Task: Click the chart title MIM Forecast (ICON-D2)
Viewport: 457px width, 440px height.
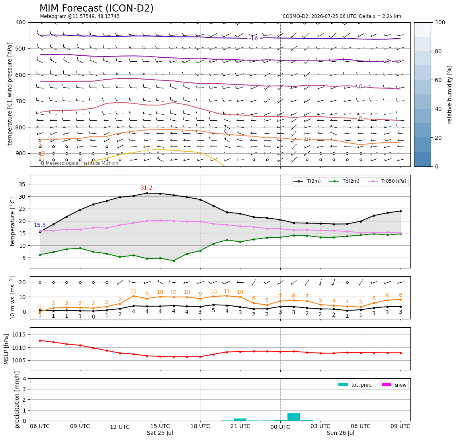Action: (x=96, y=8)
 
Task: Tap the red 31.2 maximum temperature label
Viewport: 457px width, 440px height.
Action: (x=146, y=188)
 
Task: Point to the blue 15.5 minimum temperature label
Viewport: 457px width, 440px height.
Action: (x=40, y=225)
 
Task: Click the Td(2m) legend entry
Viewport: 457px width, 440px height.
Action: (x=344, y=181)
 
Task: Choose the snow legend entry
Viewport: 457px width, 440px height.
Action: (x=394, y=385)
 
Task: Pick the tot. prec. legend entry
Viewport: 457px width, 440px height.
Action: (x=355, y=385)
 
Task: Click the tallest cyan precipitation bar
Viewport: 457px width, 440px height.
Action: (x=293, y=417)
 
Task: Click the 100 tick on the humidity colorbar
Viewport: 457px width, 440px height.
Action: (x=440, y=22)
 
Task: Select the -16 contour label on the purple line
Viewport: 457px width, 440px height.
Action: (x=254, y=39)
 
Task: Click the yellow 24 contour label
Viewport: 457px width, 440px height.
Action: (x=146, y=150)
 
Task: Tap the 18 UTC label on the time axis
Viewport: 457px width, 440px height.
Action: (x=200, y=426)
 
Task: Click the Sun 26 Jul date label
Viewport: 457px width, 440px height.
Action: (x=340, y=433)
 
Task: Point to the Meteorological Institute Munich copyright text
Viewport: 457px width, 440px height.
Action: (x=79, y=163)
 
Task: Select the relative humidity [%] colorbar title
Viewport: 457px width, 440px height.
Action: (x=450, y=94)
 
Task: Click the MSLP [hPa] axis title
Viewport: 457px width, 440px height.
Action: (x=6, y=349)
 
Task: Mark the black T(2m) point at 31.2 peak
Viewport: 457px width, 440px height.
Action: (x=147, y=193)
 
